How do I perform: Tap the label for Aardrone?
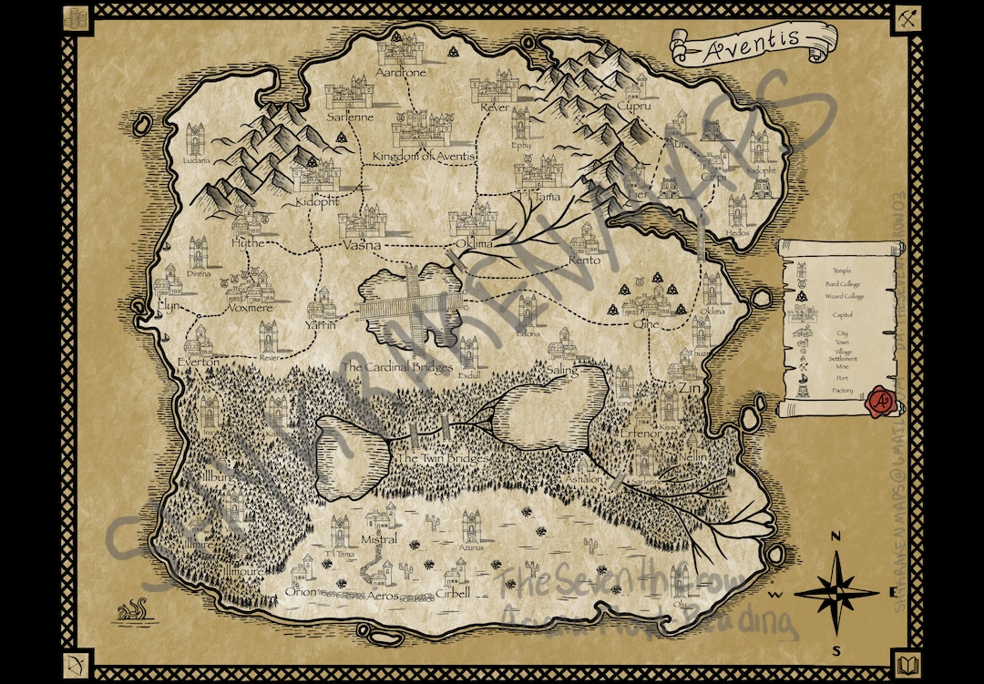401,72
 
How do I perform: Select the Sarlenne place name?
351,117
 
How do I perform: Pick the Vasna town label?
362,245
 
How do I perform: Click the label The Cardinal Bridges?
397,368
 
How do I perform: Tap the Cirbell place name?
453,594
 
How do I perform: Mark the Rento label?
584,260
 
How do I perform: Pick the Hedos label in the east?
738,233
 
